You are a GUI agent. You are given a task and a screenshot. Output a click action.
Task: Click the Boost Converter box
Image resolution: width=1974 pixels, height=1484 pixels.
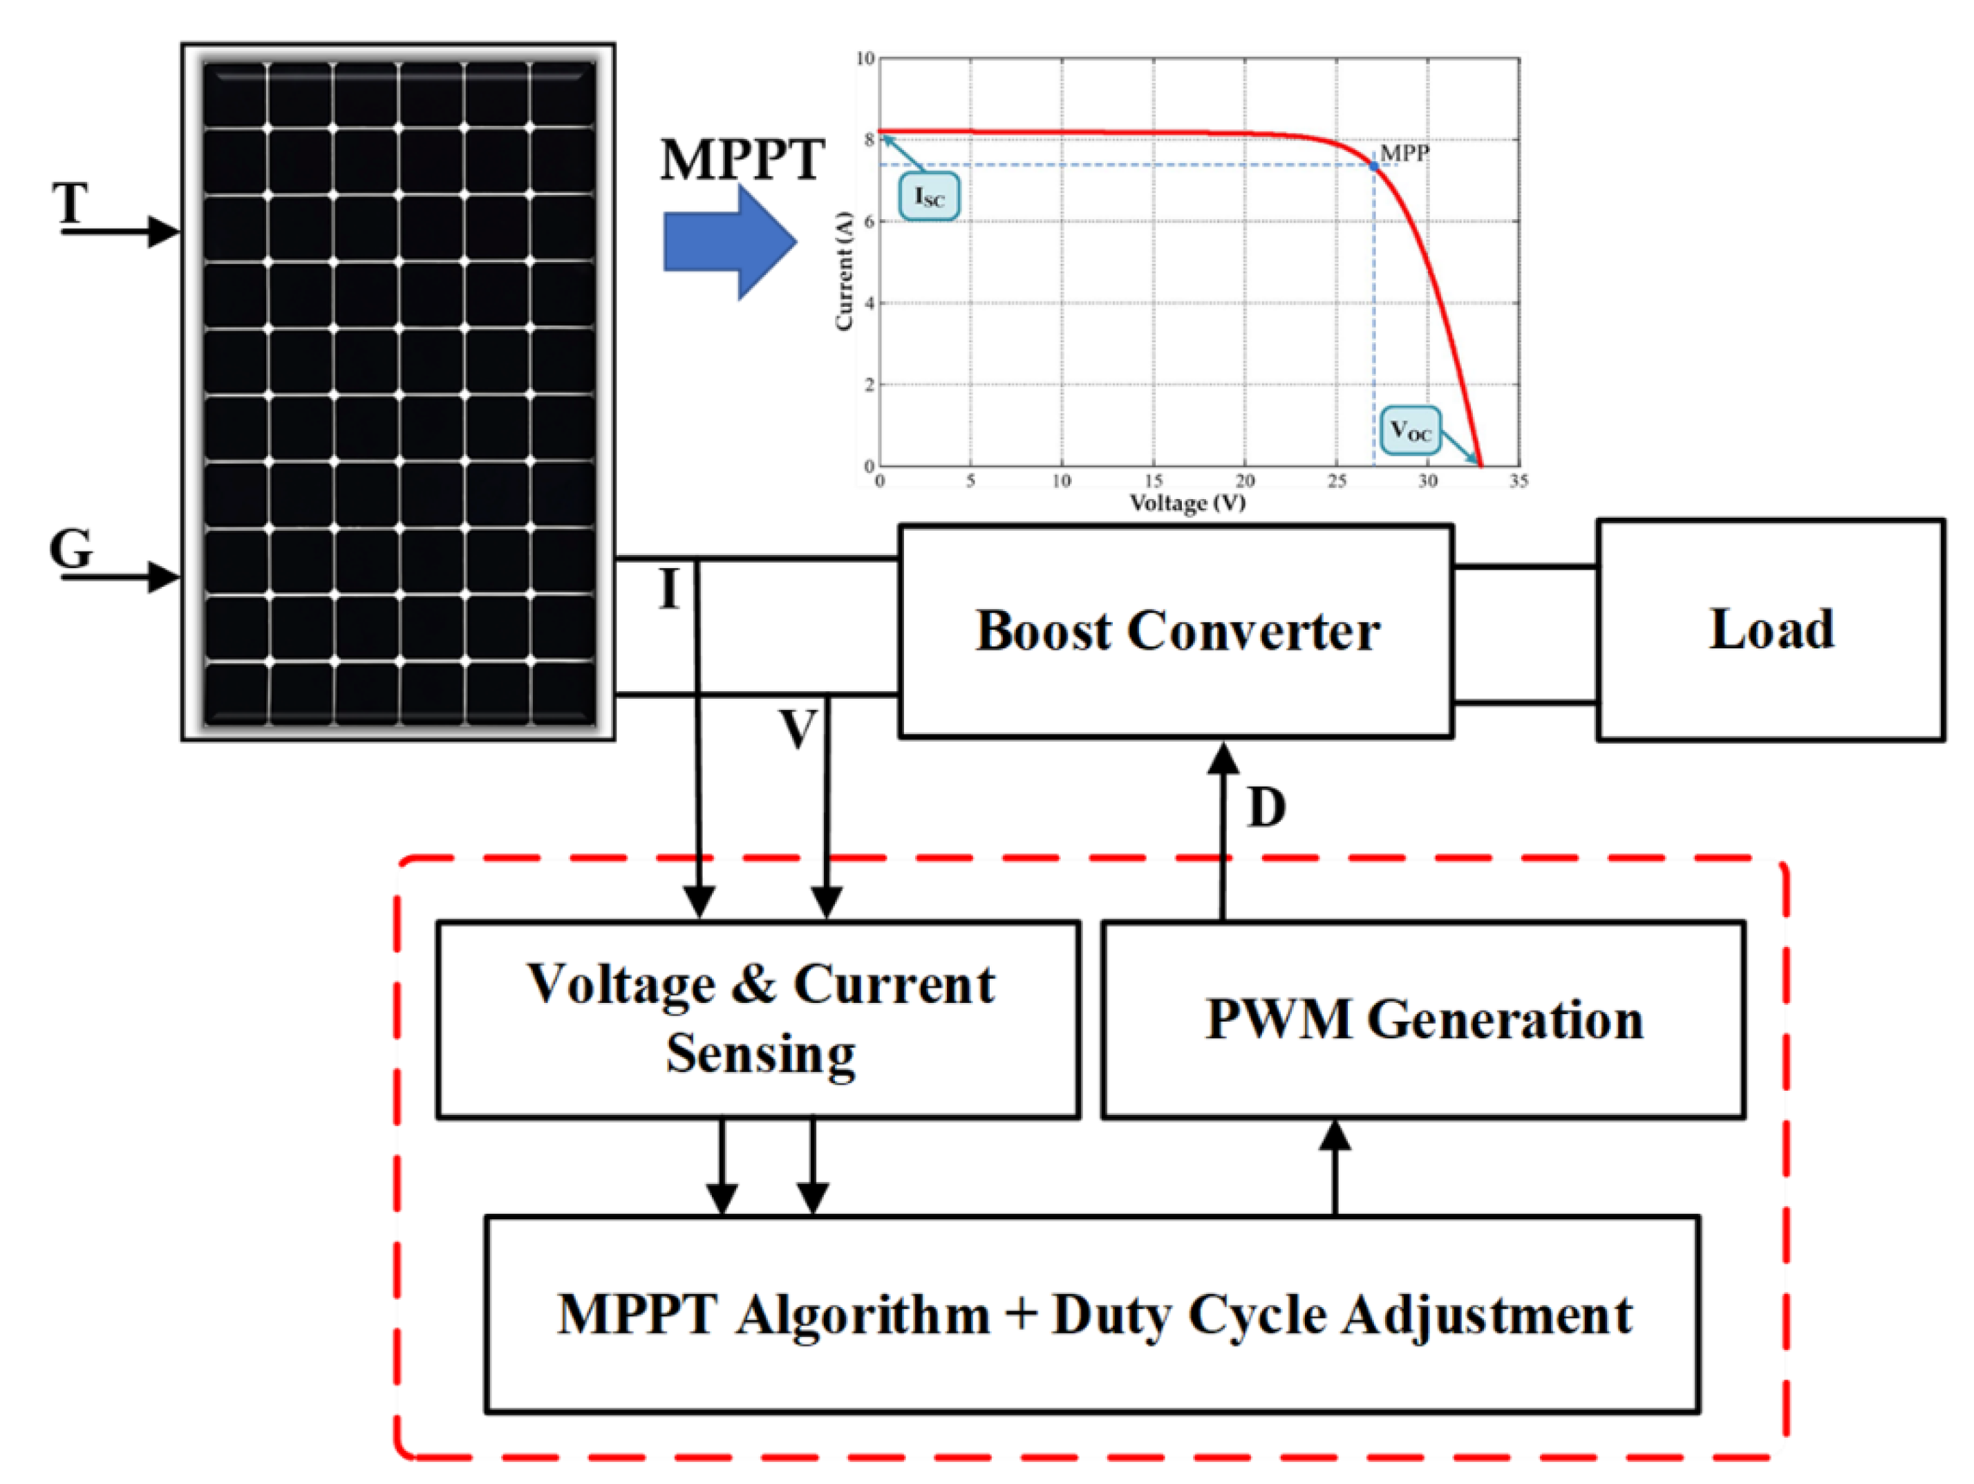(x=1176, y=632)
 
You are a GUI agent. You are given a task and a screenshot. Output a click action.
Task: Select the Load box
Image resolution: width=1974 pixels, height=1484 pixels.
(x=1771, y=630)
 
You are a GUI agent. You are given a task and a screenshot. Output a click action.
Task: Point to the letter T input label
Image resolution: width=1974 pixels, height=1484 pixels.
(x=70, y=203)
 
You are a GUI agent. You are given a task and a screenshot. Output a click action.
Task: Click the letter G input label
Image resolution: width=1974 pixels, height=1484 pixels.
(x=70, y=548)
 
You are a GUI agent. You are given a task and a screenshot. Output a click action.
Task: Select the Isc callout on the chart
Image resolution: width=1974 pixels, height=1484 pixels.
(x=929, y=197)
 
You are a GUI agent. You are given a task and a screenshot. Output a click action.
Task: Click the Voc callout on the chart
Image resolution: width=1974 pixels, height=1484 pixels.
(x=1410, y=431)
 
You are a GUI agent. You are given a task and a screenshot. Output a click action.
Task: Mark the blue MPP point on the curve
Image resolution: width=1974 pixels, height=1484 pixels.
(x=1373, y=165)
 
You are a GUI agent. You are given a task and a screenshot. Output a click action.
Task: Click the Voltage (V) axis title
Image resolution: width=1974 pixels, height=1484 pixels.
(x=1187, y=503)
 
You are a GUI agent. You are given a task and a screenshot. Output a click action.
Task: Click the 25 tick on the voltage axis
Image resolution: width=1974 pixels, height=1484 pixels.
(x=1336, y=482)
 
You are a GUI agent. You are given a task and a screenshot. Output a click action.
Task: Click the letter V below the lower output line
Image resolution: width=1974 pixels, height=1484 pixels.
(x=797, y=729)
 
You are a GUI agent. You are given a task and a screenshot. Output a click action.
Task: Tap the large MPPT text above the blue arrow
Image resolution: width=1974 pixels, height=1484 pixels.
(x=742, y=160)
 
